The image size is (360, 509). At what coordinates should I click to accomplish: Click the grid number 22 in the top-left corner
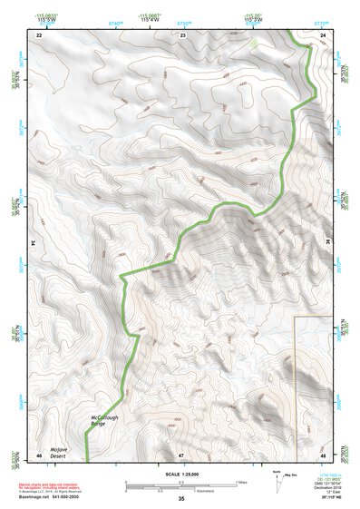coord(39,35)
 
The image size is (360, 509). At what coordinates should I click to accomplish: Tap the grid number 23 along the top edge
coord(182,35)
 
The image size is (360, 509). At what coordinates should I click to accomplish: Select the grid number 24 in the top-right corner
coord(324,35)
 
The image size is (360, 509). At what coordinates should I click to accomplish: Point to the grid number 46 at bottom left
coord(39,454)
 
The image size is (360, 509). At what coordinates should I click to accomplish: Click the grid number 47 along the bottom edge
coord(181,454)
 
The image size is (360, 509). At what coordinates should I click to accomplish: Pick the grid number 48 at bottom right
coord(325,454)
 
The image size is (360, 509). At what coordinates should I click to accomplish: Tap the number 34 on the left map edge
coord(34,244)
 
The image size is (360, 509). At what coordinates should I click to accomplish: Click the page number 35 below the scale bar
coord(181,499)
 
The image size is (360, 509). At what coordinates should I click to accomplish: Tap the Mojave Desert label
coord(59,451)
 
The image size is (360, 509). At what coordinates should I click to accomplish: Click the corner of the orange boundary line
coord(297,318)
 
